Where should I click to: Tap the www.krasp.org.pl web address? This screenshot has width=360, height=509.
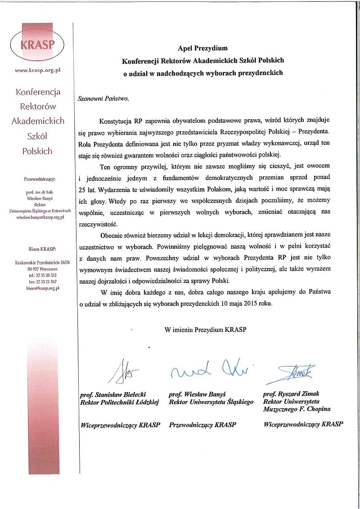click(38, 71)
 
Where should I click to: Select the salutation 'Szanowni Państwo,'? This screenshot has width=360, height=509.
click(103, 98)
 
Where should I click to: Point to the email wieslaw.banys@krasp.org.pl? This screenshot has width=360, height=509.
click(38, 217)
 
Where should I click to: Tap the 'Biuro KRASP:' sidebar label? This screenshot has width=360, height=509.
click(38, 249)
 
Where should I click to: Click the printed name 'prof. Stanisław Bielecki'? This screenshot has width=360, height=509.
click(112, 394)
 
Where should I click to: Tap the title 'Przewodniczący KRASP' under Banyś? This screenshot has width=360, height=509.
click(202, 424)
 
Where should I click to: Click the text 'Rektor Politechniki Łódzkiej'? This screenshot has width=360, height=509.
click(119, 402)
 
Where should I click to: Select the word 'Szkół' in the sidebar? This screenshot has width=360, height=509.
click(37, 136)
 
